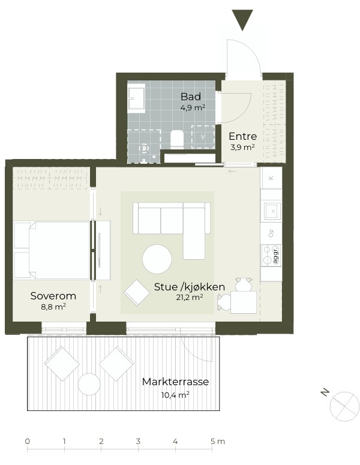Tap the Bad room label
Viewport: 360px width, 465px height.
[191, 97]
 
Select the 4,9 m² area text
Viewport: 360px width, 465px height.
[193, 107]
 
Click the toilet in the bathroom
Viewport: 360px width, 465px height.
[177, 139]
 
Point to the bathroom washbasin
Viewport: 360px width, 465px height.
[136, 98]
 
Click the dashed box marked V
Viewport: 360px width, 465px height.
[203, 137]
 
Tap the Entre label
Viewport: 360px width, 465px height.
[242, 136]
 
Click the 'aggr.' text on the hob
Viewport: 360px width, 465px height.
[275, 255]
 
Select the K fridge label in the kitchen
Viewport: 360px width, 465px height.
[271, 178]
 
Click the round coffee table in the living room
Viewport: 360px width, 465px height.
[157, 259]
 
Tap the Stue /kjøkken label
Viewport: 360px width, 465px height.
[189, 287]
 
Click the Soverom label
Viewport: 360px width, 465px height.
[53, 296]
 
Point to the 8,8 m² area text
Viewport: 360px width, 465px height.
[53, 307]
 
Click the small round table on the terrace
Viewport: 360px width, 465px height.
[89, 385]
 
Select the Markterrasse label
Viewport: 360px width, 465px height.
[175, 382]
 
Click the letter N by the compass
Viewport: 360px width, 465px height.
[325, 392]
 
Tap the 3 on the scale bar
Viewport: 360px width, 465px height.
[138, 441]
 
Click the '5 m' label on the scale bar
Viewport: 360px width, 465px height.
[218, 441]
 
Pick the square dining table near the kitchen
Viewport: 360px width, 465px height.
[244, 302]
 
